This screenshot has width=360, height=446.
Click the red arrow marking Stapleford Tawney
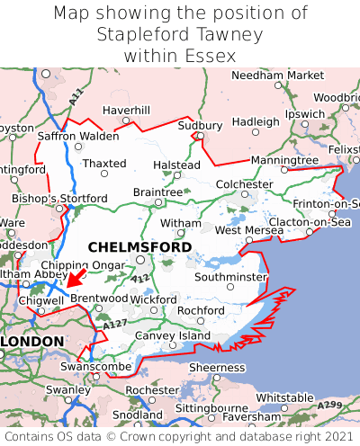(x=76, y=276)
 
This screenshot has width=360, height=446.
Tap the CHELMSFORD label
(x=139, y=246)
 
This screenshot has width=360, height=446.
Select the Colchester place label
(x=244, y=184)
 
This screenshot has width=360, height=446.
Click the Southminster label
(x=231, y=277)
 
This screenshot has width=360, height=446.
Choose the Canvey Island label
(x=172, y=335)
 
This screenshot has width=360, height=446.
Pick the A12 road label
(x=140, y=280)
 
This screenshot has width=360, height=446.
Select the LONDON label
(x=32, y=342)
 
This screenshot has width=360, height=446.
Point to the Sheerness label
(x=217, y=367)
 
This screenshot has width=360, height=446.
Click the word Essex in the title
(x=208, y=56)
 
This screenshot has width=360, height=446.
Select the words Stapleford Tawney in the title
(x=180, y=35)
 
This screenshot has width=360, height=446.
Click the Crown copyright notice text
(x=180, y=436)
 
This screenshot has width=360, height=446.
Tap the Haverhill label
(x=126, y=110)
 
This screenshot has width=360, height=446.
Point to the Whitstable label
(x=285, y=397)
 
